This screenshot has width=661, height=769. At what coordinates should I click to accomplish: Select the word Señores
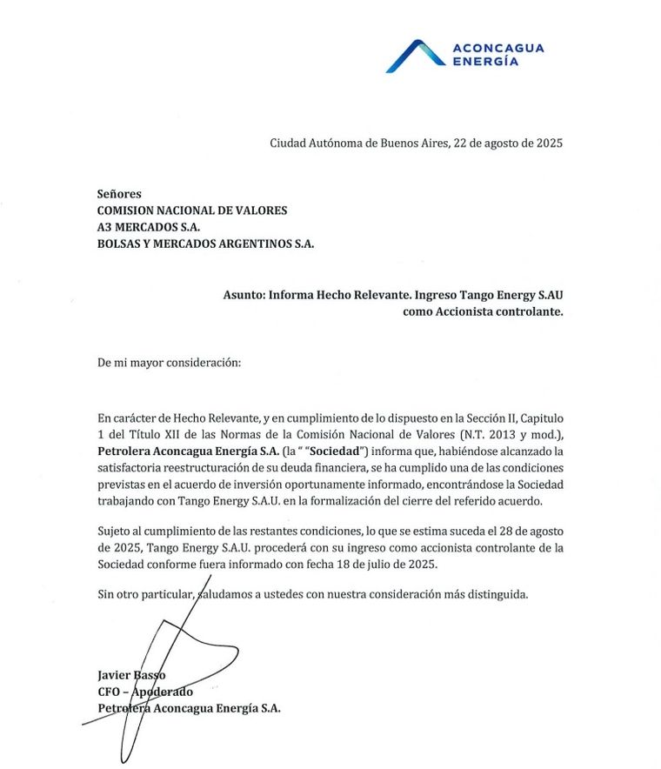[x=119, y=194]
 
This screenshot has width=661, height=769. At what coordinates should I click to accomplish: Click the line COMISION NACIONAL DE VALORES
[x=192, y=211]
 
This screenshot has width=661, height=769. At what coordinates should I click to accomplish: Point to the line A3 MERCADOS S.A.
[x=149, y=227]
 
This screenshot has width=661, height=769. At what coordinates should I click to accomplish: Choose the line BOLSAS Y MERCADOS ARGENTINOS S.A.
[x=206, y=244]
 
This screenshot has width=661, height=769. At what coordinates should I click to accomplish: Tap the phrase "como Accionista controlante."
[x=483, y=311]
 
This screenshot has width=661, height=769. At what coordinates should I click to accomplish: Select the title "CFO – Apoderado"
[x=145, y=692]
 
